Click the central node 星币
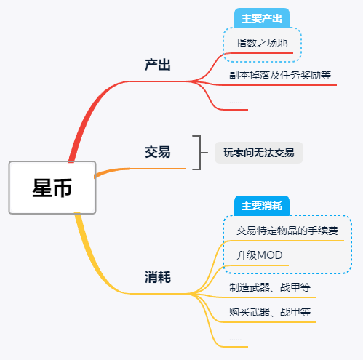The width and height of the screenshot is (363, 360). click(x=52, y=188)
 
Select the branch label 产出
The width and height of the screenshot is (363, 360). click(x=158, y=65)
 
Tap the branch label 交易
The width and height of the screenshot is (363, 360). click(x=158, y=152)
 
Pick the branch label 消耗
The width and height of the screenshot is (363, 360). click(x=158, y=277)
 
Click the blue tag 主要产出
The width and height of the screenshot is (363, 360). click(x=262, y=18)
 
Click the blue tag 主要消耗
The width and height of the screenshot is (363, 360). click(x=262, y=206)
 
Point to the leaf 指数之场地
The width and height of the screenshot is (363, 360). click(x=262, y=43)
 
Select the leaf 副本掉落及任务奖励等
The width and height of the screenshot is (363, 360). click(x=280, y=75)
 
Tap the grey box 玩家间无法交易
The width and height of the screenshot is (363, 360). click(x=259, y=153)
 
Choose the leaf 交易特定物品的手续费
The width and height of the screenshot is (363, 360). click(x=287, y=231)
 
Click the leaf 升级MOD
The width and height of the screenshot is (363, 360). click(x=259, y=255)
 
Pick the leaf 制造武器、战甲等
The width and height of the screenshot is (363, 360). click(x=270, y=287)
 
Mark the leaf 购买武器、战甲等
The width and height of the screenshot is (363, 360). click(x=270, y=312)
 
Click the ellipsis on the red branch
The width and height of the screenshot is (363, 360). click(x=235, y=103)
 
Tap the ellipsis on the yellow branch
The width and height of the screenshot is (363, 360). click(x=235, y=340)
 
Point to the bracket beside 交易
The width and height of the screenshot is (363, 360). click(x=201, y=153)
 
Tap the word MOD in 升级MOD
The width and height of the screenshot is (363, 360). click(x=270, y=255)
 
